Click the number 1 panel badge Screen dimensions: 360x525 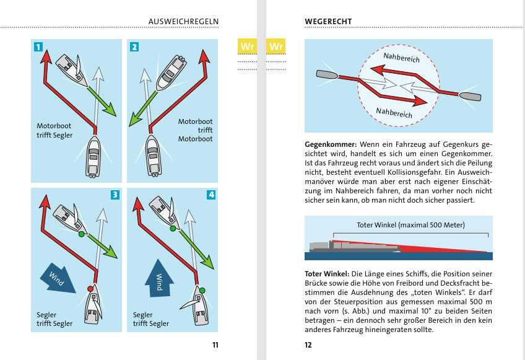[38, 46]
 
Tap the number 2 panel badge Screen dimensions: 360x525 [134, 46]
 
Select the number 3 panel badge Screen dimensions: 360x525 [115, 195]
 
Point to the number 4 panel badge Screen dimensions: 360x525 [211, 195]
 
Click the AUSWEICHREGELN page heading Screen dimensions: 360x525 [183, 22]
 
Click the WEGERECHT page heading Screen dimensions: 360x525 [328, 22]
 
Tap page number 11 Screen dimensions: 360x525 [214, 345]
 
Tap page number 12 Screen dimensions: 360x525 [308, 345]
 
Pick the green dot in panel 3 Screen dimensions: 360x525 [81, 235]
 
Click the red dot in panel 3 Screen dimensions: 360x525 [90, 289]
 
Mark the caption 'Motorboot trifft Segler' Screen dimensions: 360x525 [54, 130]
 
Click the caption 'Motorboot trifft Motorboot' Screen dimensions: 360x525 [195, 130]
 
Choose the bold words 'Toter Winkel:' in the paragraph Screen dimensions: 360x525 [327, 274]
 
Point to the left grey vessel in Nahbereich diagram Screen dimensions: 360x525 [327, 74]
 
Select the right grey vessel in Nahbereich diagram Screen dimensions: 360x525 [469, 96]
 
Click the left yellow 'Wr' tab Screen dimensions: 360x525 [248, 46]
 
